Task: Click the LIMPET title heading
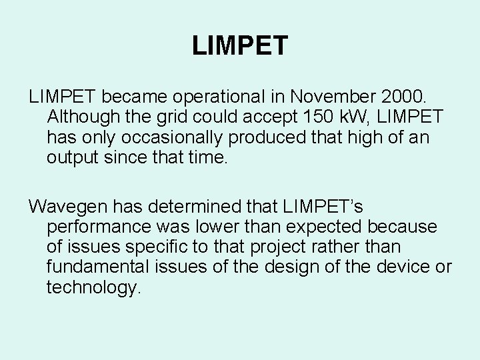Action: [x=240, y=46]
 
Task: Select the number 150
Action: [x=319, y=117]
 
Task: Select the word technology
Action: [x=94, y=288]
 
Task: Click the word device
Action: [x=396, y=267]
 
